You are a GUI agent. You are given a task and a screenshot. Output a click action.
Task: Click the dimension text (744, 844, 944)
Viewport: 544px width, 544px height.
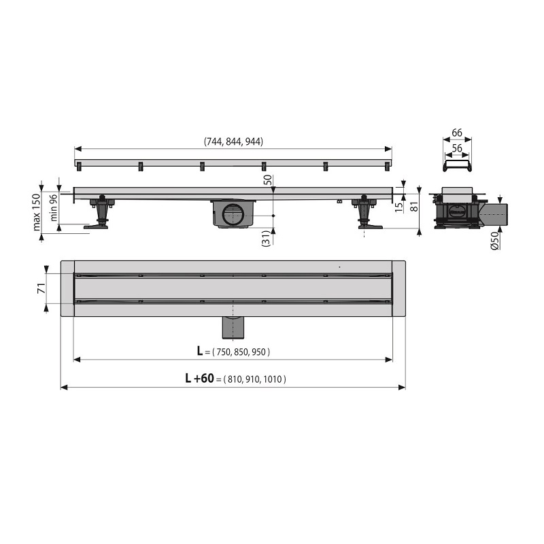(x=233, y=141)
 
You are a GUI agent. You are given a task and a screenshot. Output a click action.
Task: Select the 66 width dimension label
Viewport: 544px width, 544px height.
(x=457, y=133)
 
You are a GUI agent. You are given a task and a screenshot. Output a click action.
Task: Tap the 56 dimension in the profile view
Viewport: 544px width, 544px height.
(x=457, y=148)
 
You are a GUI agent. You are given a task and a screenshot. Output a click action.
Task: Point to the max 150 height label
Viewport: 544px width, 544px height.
(x=37, y=212)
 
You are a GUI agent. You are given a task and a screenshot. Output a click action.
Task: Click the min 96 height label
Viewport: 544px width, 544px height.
(x=53, y=207)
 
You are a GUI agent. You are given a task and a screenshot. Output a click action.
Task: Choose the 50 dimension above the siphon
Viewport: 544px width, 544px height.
(x=269, y=180)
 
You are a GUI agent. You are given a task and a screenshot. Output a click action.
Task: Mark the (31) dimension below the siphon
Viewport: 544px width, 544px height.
(x=267, y=239)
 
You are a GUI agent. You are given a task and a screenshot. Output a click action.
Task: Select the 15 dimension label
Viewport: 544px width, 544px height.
(x=399, y=207)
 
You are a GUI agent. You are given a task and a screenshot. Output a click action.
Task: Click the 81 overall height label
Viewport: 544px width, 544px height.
(x=414, y=207)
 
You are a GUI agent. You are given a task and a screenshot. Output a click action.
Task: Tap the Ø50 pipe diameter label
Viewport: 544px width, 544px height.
(x=495, y=241)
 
